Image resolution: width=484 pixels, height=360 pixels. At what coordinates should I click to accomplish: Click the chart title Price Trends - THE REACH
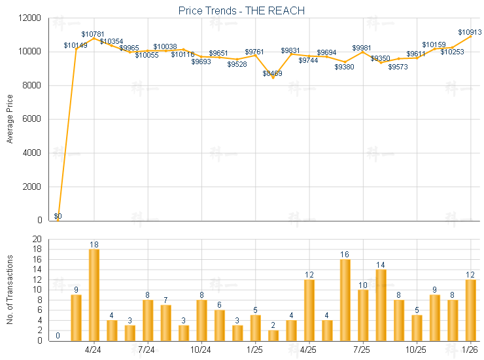[x=241, y=10]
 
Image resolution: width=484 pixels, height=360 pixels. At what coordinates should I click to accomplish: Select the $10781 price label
[x=93, y=34]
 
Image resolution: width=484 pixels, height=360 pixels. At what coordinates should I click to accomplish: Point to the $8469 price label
[x=273, y=73]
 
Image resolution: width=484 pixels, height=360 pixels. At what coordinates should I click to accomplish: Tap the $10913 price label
[x=470, y=32]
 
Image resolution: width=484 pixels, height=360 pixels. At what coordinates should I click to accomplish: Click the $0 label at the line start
[x=58, y=216]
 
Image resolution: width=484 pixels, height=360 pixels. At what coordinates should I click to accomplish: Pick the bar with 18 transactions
[x=94, y=295]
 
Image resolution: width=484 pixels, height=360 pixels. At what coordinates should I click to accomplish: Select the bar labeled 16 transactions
[x=345, y=300]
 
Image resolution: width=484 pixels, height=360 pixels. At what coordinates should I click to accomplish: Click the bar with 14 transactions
[x=381, y=305]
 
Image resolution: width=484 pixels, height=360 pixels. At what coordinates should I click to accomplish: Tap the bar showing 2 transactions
[x=273, y=335]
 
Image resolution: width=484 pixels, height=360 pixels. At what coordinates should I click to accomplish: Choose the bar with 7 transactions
[x=165, y=323]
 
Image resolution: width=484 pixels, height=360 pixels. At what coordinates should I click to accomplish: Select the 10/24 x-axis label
[x=201, y=350]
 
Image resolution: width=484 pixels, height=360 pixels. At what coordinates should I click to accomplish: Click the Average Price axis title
[x=10, y=119]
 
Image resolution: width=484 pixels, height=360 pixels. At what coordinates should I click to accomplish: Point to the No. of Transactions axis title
[x=10, y=289]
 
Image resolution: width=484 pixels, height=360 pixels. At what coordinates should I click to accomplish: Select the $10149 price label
[x=75, y=45]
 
